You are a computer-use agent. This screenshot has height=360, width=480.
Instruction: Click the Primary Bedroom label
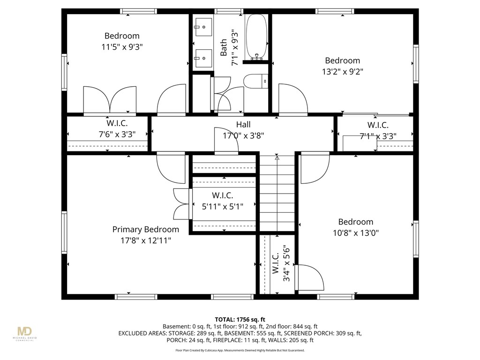coord(145,229)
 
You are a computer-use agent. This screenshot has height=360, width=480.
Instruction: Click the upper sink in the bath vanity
coord(203,27)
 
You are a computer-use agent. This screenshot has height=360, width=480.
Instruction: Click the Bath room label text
coord(224,47)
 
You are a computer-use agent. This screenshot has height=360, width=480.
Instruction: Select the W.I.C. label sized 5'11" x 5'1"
coord(222,195)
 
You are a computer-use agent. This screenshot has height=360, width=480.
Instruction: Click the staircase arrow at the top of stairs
coord(277,158)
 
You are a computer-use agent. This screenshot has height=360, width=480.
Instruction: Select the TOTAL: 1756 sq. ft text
coord(240,319)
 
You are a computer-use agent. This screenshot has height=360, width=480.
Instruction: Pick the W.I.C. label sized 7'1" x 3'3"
coord(377,125)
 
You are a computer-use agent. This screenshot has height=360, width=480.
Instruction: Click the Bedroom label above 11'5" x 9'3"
coord(122,36)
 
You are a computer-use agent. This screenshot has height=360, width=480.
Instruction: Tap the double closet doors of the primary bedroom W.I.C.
coord(181,204)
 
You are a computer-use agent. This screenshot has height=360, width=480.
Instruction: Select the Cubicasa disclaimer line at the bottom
coord(240,350)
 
